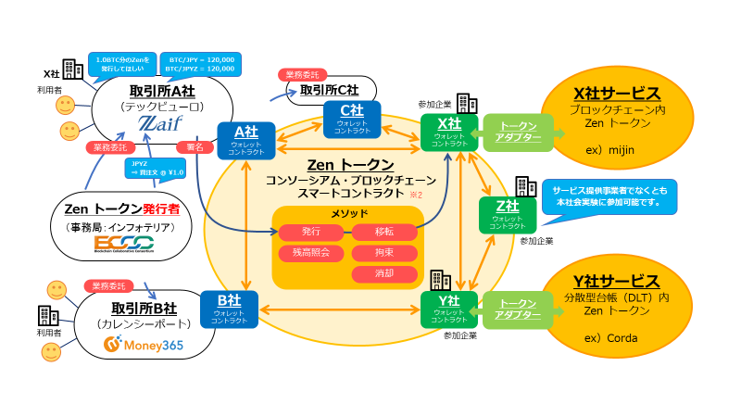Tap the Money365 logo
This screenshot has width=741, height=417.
(143, 347)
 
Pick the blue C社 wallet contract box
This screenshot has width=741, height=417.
(350, 117)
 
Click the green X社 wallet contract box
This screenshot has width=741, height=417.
(449, 131)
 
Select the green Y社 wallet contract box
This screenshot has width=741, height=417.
(449, 309)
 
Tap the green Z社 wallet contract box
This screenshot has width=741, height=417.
(507, 215)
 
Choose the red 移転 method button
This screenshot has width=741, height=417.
(383, 231)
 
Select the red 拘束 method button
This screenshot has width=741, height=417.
(383, 252)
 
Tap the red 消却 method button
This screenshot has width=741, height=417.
(383, 274)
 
